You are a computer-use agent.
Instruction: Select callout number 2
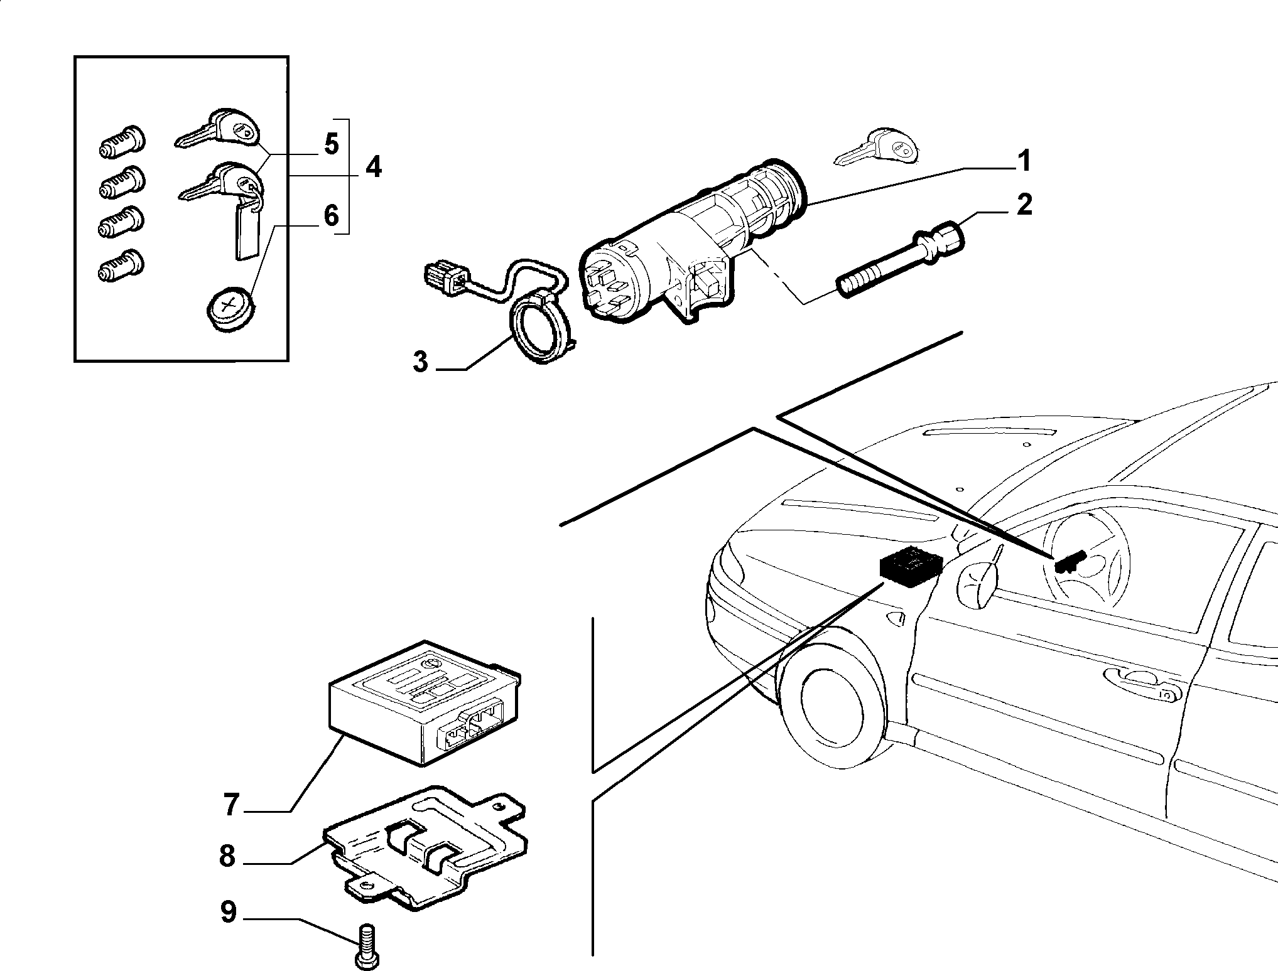(1024, 205)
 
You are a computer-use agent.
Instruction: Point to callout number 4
(373, 167)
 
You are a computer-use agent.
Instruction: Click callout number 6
(331, 215)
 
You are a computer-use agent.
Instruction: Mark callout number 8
(227, 856)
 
